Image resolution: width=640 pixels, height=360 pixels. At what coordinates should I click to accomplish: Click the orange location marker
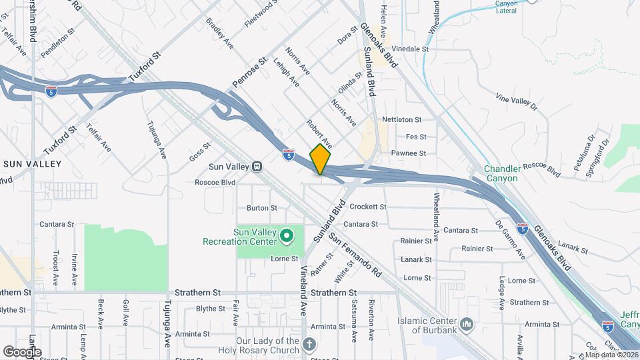[x=321, y=159]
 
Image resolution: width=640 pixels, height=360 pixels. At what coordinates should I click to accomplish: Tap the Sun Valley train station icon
[x=256, y=165]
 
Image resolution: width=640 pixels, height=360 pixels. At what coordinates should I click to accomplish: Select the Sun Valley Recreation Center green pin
[x=287, y=235]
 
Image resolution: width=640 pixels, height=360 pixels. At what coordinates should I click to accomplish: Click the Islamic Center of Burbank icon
[x=467, y=324]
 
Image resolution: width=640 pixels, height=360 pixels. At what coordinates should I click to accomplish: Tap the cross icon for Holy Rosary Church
[x=308, y=343]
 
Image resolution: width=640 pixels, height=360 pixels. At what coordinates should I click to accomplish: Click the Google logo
[x=21, y=351]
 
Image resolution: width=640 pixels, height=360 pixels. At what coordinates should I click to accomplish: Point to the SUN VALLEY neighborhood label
[x=32, y=163]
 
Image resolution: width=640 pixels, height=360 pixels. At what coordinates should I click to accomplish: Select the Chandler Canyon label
[x=501, y=174]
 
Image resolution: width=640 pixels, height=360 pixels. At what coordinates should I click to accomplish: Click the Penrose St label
[x=250, y=73]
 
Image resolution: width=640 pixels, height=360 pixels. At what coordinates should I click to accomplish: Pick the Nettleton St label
[x=401, y=120]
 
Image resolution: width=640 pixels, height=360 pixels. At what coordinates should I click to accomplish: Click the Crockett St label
[x=367, y=207]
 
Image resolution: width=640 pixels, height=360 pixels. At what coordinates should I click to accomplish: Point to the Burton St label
[x=261, y=208]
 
